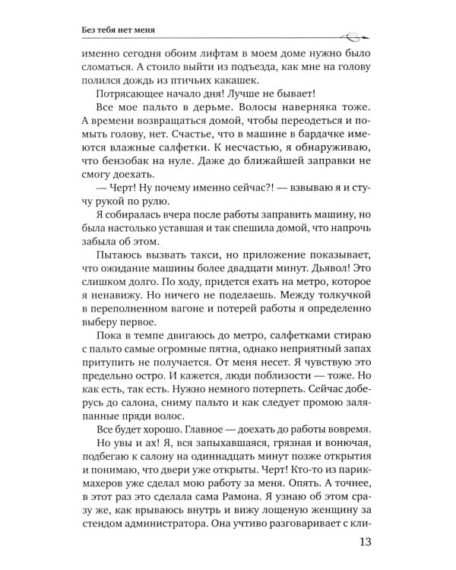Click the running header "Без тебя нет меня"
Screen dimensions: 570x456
[126, 30]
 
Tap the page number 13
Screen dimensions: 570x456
[363, 545]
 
